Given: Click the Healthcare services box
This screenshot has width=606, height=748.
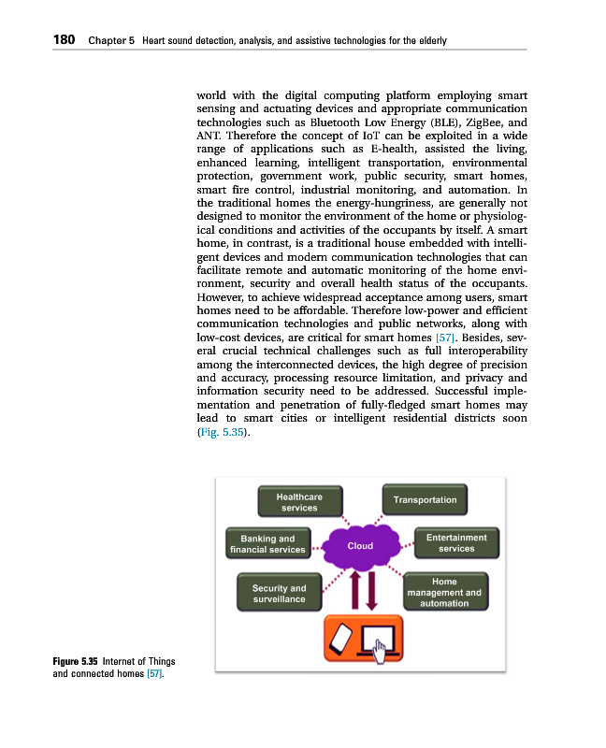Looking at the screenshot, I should [298, 502].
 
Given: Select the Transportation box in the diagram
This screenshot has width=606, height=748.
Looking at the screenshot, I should [425, 500].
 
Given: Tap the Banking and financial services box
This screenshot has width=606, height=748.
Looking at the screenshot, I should [267, 544].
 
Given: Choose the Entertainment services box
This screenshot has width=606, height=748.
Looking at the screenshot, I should [456, 543].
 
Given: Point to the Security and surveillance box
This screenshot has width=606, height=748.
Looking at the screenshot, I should [279, 594].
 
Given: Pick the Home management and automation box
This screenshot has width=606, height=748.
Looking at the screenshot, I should [444, 593].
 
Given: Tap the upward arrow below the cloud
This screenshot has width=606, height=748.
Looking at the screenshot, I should [353, 589].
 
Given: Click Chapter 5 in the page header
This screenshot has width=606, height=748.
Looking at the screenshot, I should [111, 41].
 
